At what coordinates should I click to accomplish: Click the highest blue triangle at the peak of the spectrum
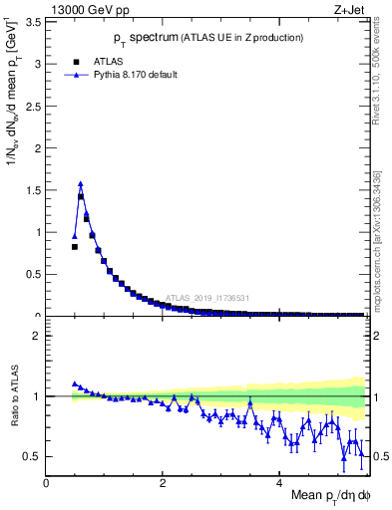pos(81,183)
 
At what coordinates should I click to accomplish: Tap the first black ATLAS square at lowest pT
pos(75,246)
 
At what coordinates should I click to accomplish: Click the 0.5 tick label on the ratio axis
pos(33,456)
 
